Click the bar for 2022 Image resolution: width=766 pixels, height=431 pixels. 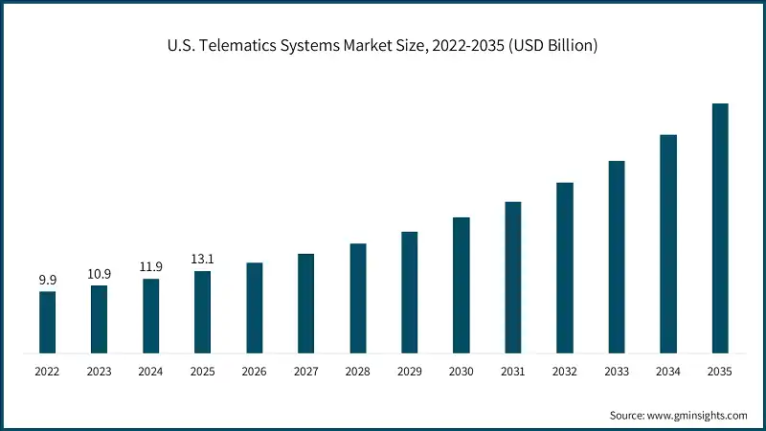47,322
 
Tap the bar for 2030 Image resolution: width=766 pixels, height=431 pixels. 462,284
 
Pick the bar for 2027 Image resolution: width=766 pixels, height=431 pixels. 306,303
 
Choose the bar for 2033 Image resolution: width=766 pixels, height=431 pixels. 617,257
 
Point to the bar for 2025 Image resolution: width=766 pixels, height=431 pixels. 203,311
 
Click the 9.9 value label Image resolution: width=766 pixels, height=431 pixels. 47,280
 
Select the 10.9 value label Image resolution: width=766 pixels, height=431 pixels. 99,274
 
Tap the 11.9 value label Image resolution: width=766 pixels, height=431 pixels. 150,267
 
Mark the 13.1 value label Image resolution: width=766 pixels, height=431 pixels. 202,260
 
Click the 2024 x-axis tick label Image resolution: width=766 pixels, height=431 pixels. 150,371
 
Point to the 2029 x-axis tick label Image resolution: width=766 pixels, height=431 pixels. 409,371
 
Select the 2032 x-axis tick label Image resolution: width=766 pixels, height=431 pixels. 564,371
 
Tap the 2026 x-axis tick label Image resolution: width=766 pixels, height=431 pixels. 254,371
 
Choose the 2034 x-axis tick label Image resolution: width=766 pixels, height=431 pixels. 667,371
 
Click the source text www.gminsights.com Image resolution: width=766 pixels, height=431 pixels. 698,415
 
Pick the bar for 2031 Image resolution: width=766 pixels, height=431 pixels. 513,277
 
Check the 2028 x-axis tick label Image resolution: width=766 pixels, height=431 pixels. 357,371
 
